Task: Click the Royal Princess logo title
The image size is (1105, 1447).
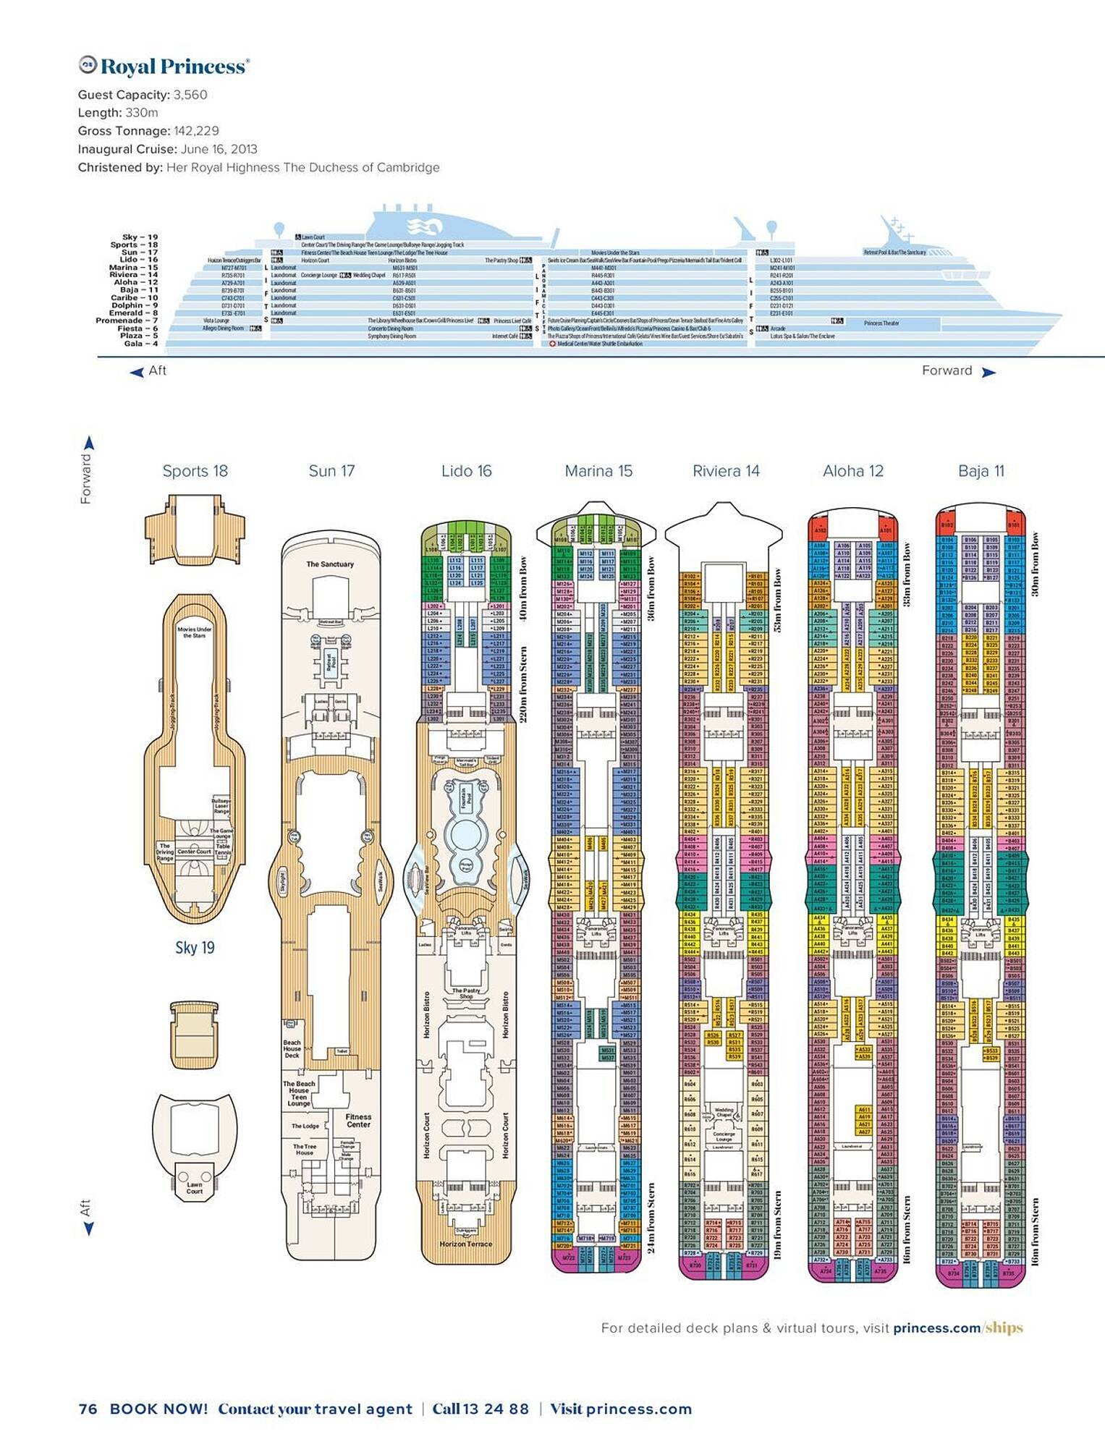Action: click(x=164, y=67)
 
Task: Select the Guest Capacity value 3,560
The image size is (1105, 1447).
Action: click(x=190, y=95)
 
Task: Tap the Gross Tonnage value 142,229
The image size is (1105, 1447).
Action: click(x=196, y=131)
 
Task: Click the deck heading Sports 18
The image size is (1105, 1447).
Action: click(x=195, y=471)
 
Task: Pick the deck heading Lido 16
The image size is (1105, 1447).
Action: click(x=466, y=471)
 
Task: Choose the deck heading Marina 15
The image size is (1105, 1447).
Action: click(x=598, y=471)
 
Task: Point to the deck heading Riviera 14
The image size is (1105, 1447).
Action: click(x=726, y=471)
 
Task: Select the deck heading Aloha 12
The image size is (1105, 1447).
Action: click(x=853, y=471)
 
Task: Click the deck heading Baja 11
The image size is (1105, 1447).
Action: click(x=981, y=471)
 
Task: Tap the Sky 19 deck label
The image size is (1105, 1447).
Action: click(x=195, y=948)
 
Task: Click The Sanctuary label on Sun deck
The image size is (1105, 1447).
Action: click(x=330, y=564)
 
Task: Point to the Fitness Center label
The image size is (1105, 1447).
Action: click(x=358, y=1121)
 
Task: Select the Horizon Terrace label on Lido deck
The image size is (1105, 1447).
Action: click(x=466, y=1244)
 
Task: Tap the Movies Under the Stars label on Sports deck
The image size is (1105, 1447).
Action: click(x=195, y=632)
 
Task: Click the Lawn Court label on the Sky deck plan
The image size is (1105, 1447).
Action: click(x=195, y=1188)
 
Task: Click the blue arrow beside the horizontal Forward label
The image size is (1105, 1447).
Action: click(x=988, y=372)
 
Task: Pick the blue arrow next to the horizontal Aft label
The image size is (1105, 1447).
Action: click(x=137, y=372)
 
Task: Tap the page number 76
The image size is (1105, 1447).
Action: click(x=88, y=1409)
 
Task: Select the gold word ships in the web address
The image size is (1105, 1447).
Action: click(x=1004, y=1328)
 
